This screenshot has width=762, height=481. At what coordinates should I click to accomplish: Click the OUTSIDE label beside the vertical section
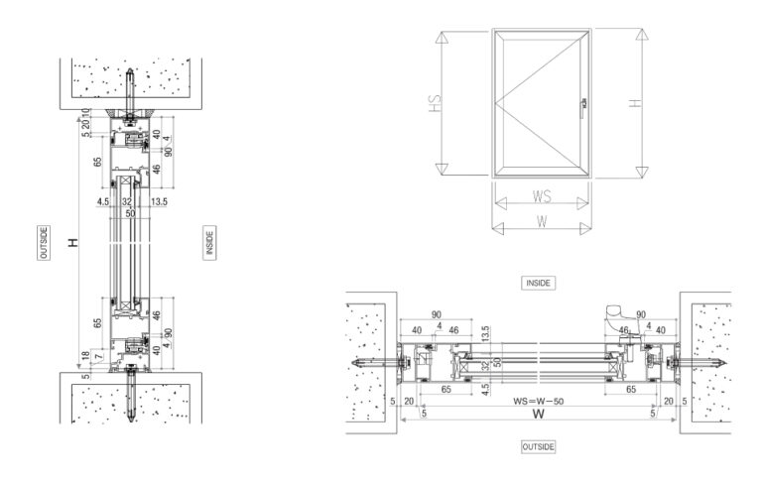[44, 243]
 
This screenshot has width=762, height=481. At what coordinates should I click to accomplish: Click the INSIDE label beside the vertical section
[209, 243]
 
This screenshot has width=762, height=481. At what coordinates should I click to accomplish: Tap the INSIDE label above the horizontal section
[538, 283]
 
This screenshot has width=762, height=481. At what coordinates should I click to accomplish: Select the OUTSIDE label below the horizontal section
[538, 447]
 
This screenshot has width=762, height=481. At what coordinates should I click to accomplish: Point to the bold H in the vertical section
[73, 242]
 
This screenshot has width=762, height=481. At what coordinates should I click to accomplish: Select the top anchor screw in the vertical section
[132, 87]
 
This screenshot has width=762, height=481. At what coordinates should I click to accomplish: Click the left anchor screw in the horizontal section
[377, 363]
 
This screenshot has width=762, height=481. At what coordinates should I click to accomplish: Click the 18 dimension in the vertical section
[86, 354]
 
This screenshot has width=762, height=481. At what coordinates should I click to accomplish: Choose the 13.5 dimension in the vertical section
[160, 200]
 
